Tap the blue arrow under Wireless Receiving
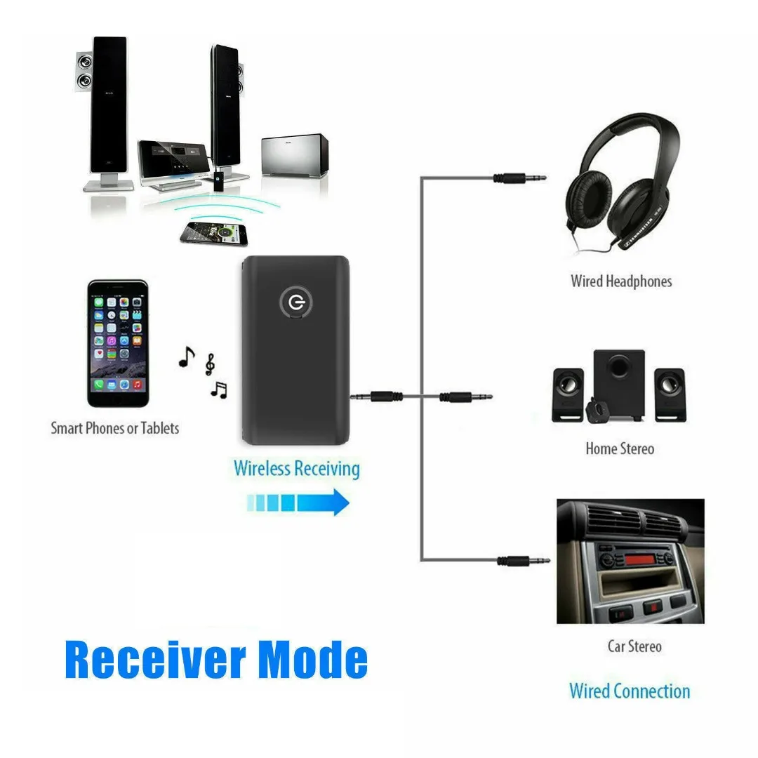point(298,502)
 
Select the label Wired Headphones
point(620,281)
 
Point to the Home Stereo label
point(619,448)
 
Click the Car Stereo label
point(634,646)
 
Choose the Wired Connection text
point(629,691)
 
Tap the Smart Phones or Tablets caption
point(114,427)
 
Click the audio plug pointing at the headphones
point(519,178)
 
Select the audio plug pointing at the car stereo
point(523,560)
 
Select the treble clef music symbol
point(209,365)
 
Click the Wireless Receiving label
point(296,468)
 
